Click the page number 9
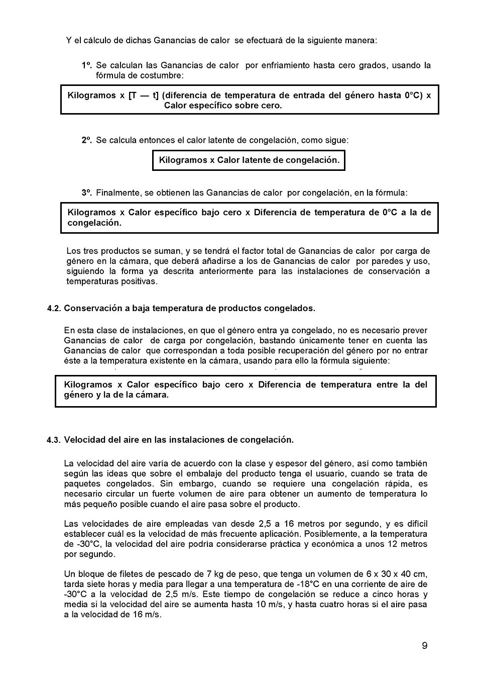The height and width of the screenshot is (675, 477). [424, 645]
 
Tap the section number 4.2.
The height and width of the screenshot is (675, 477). [54, 308]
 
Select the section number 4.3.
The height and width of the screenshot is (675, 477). [54, 440]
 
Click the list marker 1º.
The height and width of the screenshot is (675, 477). [87, 65]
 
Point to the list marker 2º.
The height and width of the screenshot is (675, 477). [87, 140]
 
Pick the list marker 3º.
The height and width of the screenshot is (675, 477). [87, 192]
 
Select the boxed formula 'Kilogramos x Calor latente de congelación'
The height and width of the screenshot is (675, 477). [249, 160]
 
